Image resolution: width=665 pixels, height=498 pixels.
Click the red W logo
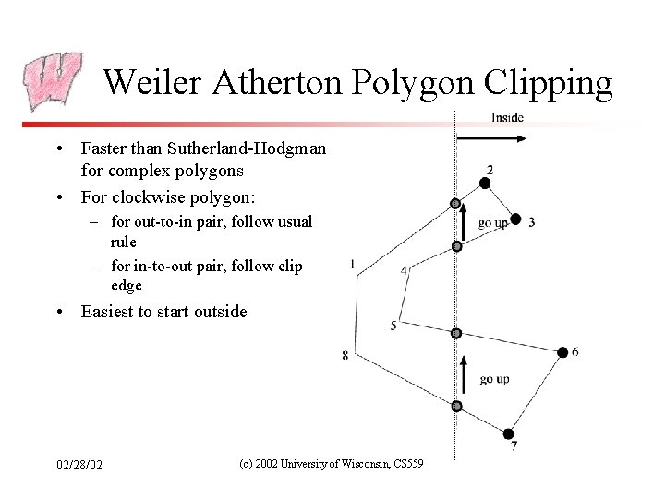click(x=54, y=81)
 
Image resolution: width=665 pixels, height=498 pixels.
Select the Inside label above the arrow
click(x=507, y=117)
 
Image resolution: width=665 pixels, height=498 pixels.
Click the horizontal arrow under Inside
click(x=492, y=139)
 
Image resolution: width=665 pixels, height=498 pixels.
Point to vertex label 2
click(x=490, y=169)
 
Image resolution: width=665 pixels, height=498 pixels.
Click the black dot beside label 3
click(x=516, y=219)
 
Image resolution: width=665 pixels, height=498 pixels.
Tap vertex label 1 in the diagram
click(x=353, y=265)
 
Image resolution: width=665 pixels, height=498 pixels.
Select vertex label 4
click(x=405, y=270)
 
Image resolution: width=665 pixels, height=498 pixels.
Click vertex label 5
click(x=393, y=326)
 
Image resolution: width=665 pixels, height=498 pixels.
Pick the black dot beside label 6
click(x=563, y=352)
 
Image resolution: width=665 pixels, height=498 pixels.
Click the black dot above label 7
click(x=509, y=433)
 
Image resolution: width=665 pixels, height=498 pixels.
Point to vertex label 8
click(x=345, y=355)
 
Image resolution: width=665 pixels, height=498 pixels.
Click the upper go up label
click(x=493, y=223)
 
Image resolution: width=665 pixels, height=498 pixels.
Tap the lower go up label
click(x=494, y=380)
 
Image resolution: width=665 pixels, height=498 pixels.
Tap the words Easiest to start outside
click(x=164, y=312)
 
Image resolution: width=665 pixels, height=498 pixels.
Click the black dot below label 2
click(x=485, y=184)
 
